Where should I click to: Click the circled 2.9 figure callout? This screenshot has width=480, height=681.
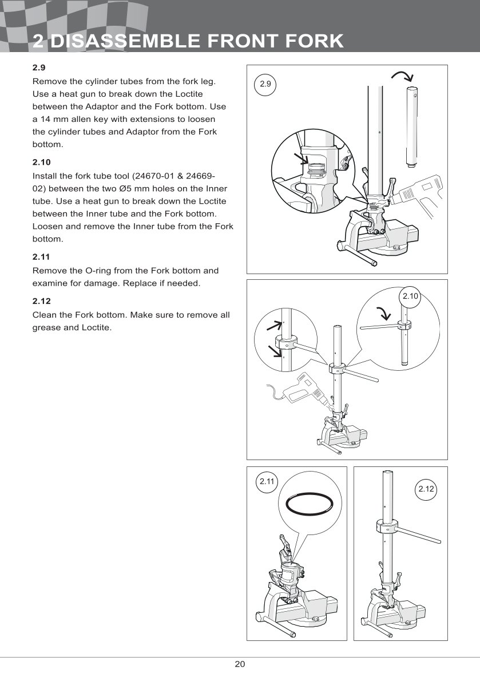[265, 84]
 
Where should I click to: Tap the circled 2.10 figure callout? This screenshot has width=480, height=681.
[411, 296]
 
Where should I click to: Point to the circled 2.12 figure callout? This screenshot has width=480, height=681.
[427, 489]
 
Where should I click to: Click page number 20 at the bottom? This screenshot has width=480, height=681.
[240, 664]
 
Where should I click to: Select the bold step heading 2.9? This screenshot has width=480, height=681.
[39, 68]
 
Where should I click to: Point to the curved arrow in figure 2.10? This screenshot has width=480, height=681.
[382, 313]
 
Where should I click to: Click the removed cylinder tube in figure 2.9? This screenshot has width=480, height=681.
[412, 125]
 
